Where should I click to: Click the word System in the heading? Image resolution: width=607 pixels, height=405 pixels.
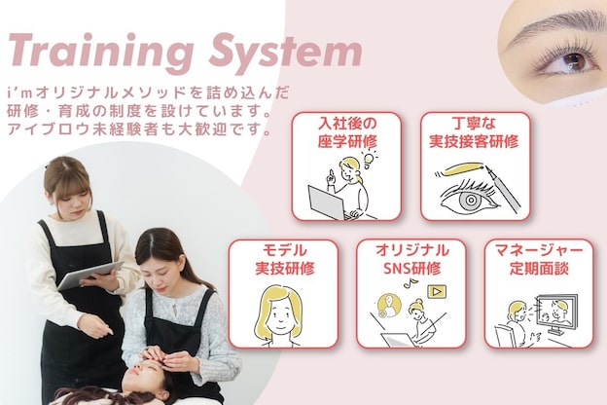278,50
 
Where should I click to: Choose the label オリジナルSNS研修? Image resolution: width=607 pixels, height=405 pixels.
411,257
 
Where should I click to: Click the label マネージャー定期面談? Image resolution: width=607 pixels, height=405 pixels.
539,257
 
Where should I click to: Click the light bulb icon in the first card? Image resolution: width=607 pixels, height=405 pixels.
369,156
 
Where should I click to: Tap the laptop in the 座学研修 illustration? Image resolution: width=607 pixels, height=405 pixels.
325,202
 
